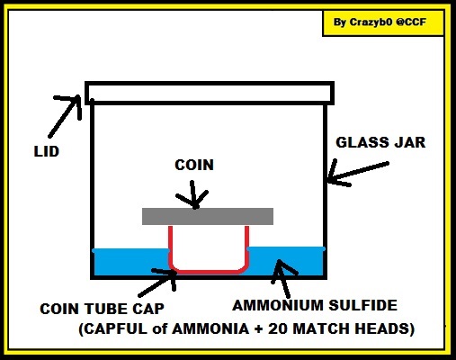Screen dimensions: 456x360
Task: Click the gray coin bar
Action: click(x=208, y=216)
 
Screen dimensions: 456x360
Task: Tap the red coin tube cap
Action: click(x=209, y=271)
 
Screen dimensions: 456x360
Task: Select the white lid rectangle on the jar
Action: click(x=210, y=93)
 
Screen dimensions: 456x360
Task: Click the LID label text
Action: click(x=47, y=151)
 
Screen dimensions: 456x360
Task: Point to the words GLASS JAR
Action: click(x=380, y=142)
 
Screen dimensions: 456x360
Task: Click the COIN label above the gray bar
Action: click(x=194, y=165)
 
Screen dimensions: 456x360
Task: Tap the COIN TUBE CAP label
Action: click(x=102, y=309)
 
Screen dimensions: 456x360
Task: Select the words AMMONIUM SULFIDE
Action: click(x=315, y=305)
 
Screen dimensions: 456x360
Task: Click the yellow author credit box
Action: click(x=383, y=23)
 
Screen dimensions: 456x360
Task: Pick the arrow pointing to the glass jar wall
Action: click(x=357, y=173)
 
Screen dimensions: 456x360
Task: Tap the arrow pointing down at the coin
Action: click(x=192, y=194)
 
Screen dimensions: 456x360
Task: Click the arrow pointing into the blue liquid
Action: click(x=283, y=279)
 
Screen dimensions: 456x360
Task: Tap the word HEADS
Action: click(x=381, y=329)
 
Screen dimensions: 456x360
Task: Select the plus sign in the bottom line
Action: click(x=258, y=329)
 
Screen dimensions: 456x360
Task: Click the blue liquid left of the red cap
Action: click(x=131, y=263)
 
